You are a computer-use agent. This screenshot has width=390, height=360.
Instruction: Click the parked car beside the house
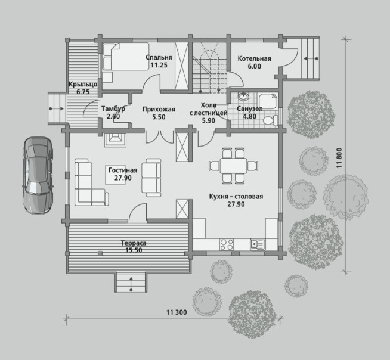pos(38,175)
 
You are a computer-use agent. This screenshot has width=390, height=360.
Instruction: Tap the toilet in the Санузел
pos(270,120)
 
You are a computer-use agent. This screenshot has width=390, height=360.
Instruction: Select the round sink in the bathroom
pos(243,97)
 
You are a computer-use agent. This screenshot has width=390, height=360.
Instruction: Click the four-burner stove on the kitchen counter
pos(227,244)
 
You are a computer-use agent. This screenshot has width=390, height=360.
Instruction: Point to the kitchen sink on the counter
pos(258,244)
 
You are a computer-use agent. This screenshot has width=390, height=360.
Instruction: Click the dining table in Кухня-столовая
pos(233,166)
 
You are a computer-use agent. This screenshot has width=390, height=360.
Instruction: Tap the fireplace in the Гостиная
pos(115,140)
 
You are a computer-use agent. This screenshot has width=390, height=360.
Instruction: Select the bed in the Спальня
pos(126,57)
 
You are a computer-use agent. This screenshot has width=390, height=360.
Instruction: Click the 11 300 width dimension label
pos(177,312)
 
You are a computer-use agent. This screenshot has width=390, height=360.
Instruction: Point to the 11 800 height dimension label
pos(339,158)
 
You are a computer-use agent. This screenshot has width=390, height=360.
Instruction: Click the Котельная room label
pos(254,58)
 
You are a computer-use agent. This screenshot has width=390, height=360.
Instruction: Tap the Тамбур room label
pos(113,108)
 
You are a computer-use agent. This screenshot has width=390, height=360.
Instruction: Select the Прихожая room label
pos(159,109)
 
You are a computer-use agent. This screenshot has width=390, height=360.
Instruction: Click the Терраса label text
pos(134,243)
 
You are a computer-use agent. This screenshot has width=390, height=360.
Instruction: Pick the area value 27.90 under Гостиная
pos(123,178)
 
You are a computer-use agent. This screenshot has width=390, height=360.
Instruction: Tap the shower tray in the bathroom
pos(268,101)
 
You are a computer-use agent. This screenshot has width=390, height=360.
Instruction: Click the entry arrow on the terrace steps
pos(131,283)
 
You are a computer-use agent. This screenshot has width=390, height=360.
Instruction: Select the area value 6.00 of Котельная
pos(255,66)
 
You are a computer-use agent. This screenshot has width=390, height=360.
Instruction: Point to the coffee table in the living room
pos(115,175)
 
